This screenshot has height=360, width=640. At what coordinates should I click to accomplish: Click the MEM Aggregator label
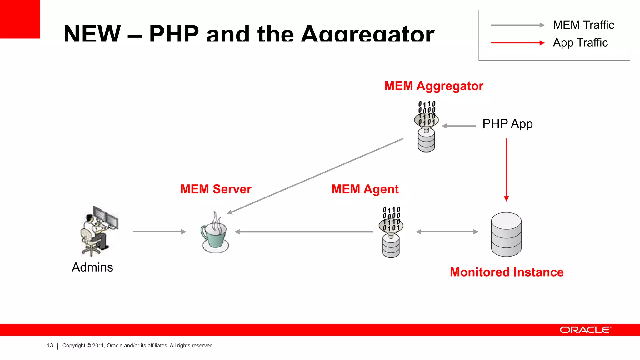coord(433,86)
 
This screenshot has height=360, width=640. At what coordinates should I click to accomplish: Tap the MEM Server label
coord(216,189)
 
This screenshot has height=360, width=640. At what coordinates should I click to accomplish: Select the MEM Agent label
coord(365,189)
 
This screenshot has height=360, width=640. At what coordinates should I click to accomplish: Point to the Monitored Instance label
coord(507,272)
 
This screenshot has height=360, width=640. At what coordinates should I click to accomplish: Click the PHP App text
coord(507,124)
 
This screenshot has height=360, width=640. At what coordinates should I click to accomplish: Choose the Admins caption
coord(92,267)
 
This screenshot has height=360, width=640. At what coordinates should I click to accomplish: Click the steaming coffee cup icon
coord(215,233)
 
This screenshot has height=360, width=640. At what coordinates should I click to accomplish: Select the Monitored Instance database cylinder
coord(506,234)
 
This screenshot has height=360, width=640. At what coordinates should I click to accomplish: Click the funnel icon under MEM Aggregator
coord(426,126)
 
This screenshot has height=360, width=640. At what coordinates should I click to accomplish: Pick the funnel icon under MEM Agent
coord(391,232)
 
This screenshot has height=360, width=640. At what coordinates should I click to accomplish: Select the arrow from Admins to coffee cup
coord(159,232)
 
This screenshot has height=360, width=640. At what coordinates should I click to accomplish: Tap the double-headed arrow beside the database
coord(447,232)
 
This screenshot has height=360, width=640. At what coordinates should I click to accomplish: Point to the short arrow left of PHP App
coord(459,126)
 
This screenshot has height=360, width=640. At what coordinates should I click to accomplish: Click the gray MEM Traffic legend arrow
coord(517,25)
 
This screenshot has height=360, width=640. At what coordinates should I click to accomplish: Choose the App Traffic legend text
coord(580,42)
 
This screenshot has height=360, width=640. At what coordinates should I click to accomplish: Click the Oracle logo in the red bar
coord(585,330)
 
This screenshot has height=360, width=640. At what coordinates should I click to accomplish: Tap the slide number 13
coord(50,346)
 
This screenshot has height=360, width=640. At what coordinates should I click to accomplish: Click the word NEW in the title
coord(92,33)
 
